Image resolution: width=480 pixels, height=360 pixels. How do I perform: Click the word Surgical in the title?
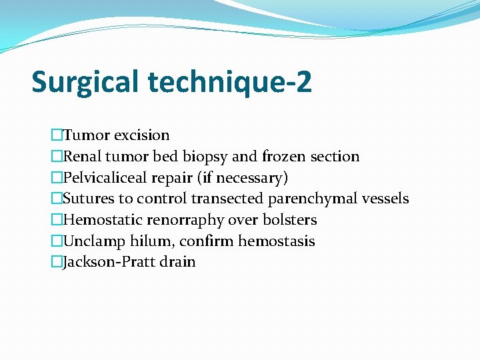pos(86,83)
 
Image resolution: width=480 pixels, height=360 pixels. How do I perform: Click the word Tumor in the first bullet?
pos(86,135)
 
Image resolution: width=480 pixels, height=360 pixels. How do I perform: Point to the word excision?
pos(141,135)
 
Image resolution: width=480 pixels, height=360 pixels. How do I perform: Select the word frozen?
pos(284,157)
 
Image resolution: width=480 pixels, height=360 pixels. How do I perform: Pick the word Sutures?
pos(88,199)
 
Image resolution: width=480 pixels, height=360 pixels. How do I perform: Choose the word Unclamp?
pos(93,241)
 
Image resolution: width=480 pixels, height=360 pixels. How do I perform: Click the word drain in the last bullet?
pos(178,262)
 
